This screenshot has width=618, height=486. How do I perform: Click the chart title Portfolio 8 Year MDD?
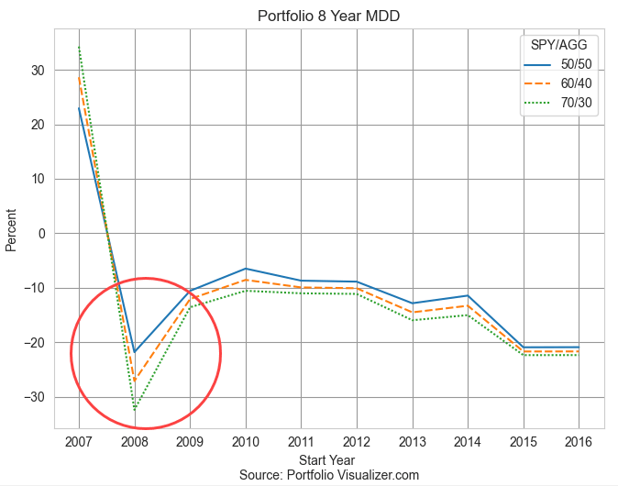(x=328, y=16)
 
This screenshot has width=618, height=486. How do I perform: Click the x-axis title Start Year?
(x=328, y=459)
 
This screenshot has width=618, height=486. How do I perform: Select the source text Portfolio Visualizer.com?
(x=328, y=475)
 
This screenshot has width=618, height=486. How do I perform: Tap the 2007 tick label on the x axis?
(x=79, y=441)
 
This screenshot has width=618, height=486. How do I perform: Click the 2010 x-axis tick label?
(x=245, y=441)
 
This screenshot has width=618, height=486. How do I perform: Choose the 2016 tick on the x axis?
(x=579, y=441)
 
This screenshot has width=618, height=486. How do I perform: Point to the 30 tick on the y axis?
(x=39, y=70)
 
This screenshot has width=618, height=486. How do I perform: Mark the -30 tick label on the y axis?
(x=35, y=398)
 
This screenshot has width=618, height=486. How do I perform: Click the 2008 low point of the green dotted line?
(x=135, y=409)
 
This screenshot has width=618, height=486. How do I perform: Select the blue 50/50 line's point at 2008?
(x=135, y=352)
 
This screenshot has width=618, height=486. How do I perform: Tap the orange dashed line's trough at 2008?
(x=135, y=381)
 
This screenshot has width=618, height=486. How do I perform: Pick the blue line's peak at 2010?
(x=246, y=269)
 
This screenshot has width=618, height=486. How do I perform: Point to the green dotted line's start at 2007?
(x=79, y=47)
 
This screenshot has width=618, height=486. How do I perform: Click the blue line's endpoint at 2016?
(x=579, y=348)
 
